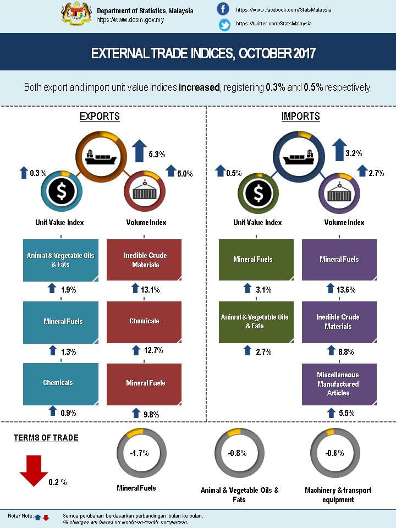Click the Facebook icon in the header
coord(223,9)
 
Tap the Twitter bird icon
coord(224,24)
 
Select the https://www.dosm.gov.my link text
coord(130,20)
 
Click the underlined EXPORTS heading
coord(100,117)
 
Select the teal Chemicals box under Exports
coord(61,383)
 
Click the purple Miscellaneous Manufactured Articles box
coord(338,384)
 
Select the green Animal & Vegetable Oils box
coord(255,322)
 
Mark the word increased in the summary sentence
coord(199,87)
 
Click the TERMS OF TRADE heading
coord(46,438)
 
